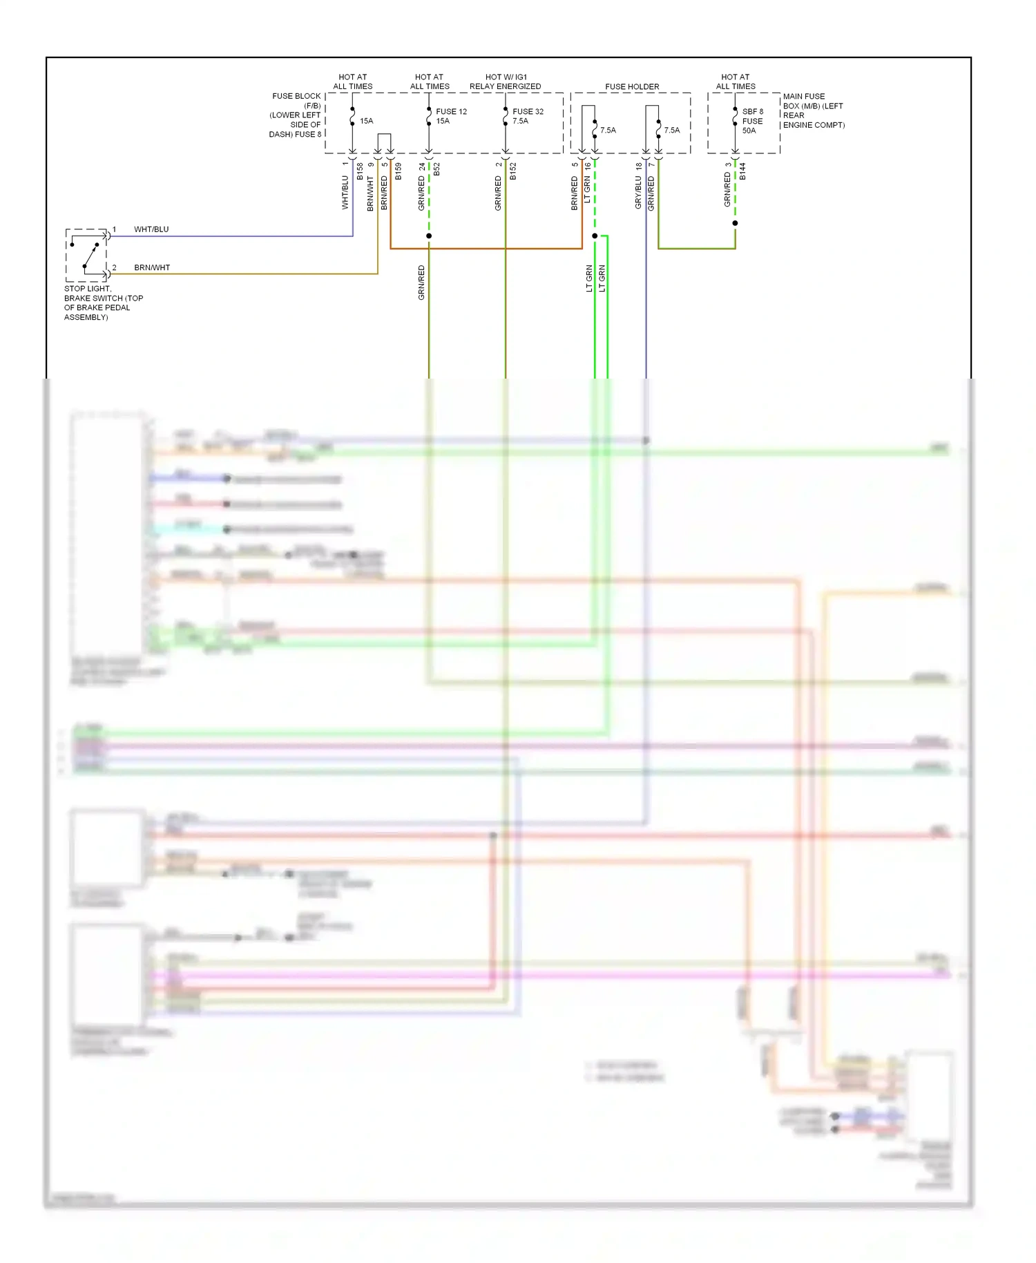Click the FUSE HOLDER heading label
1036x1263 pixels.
631,87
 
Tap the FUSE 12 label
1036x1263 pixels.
451,111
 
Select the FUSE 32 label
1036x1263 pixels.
528,111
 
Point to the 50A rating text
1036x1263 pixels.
749,131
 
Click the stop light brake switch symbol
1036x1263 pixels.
86,255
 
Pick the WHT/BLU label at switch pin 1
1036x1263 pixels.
151,229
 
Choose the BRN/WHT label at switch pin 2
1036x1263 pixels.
152,267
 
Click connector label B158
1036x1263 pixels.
360,172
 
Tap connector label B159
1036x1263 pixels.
399,172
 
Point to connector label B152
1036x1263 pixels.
513,172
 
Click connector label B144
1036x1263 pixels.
742,172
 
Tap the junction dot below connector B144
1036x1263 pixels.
735,223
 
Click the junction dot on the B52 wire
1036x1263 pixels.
429,236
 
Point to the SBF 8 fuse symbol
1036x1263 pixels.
735,117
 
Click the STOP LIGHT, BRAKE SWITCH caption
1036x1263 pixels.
104,303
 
